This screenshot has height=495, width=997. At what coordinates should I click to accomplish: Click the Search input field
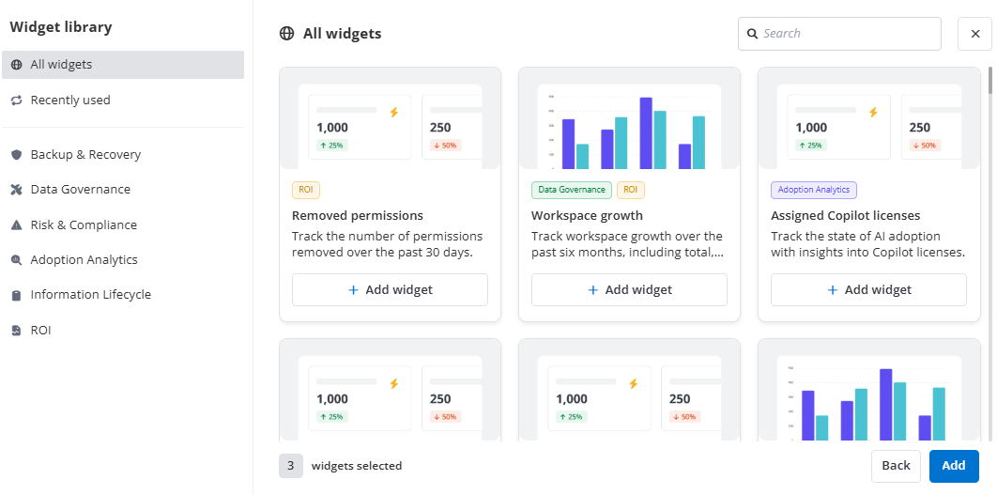(845, 34)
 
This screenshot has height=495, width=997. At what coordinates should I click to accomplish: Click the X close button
(974, 34)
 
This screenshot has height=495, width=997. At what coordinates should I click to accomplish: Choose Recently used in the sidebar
(70, 101)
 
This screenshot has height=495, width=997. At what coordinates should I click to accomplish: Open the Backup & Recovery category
(85, 155)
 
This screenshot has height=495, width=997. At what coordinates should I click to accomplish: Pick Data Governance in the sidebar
(80, 190)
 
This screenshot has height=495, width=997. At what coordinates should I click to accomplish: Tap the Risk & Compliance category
(84, 225)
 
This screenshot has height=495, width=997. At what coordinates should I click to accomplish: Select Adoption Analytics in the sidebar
(84, 260)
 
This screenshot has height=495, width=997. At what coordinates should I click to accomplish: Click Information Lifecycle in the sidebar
(90, 295)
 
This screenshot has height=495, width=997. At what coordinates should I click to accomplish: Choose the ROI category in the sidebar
(40, 331)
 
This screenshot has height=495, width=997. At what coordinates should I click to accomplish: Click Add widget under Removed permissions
(390, 290)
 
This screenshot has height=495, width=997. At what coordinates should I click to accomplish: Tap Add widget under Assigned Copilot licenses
(868, 290)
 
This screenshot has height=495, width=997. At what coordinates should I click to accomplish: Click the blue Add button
(953, 466)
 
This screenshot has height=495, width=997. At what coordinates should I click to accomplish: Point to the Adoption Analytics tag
(813, 190)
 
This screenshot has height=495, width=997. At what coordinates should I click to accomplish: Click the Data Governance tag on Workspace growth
(572, 190)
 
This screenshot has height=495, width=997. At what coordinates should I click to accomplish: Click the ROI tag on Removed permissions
(306, 190)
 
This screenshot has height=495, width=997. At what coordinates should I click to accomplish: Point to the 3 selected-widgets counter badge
(291, 466)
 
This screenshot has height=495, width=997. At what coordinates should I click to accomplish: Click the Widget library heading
(61, 27)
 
